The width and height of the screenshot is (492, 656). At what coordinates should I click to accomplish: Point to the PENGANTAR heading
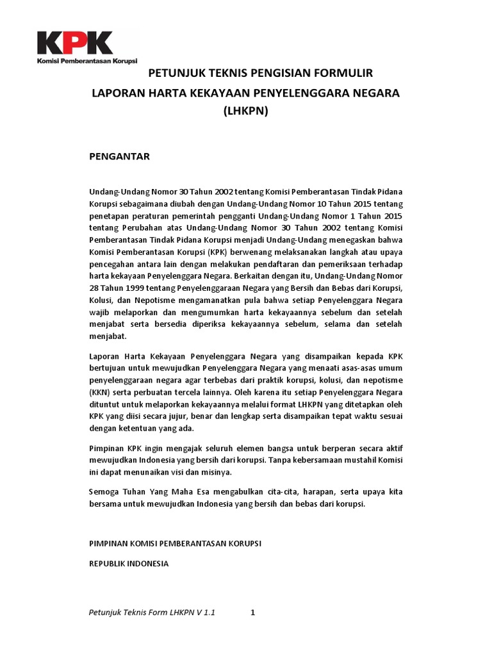[119, 156]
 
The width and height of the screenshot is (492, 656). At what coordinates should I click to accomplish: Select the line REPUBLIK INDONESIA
[128, 564]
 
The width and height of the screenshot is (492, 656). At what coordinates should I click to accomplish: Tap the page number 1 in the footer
[253, 612]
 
